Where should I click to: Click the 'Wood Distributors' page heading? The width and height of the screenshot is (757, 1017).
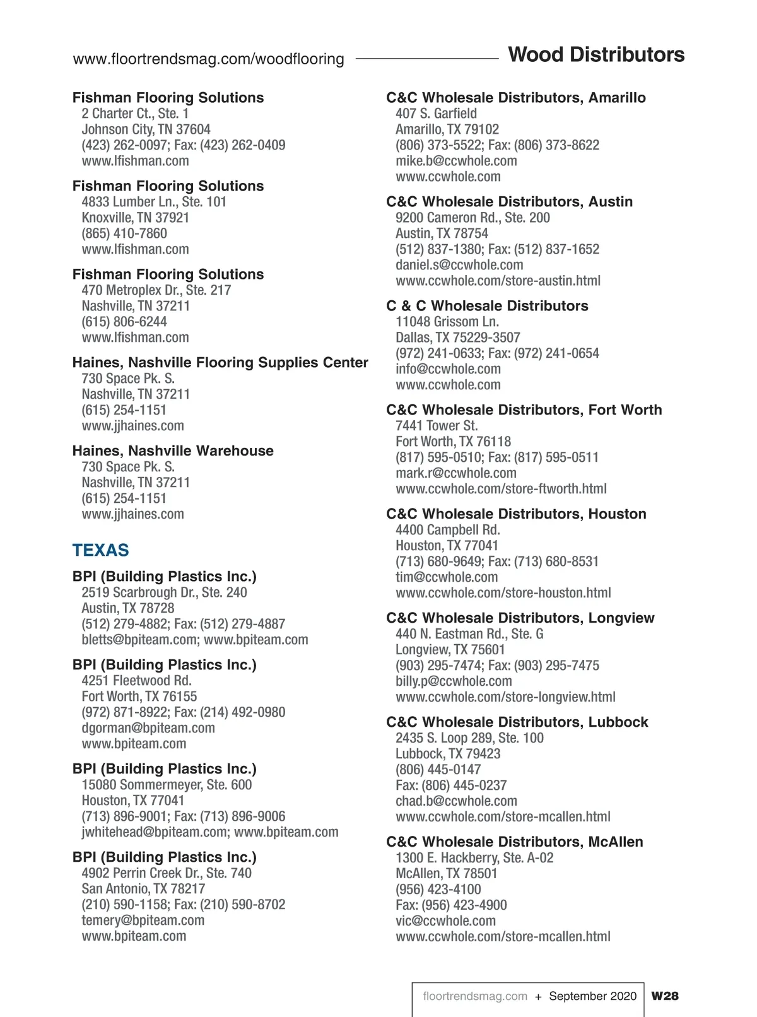tap(596, 55)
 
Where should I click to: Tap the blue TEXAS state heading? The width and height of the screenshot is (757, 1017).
tap(100, 550)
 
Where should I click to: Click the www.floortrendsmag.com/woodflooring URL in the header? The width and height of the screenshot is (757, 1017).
tap(208, 59)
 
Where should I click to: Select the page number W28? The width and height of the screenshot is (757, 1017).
tap(665, 996)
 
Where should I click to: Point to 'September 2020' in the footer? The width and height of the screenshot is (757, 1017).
tap(592, 996)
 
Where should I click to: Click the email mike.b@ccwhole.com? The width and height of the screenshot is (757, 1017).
tap(456, 161)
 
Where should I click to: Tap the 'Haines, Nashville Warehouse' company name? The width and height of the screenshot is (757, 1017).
tap(173, 450)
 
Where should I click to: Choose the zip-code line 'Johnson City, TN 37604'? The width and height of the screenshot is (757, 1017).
tap(146, 129)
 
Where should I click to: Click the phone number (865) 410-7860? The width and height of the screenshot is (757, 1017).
tap(124, 233)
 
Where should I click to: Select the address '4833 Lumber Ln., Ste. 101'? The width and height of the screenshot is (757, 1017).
tap(153, 202)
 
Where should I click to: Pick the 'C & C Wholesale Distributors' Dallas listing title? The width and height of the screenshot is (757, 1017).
tap(487, 306)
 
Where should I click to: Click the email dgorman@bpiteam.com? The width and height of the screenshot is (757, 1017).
tap(148, 728)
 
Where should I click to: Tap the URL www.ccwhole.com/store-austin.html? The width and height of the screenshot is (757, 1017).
tap(498, 281)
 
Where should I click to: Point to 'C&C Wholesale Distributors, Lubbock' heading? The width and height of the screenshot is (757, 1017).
tap(517, 722)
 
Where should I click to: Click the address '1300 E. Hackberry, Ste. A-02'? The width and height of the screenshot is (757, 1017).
tap(474, 858)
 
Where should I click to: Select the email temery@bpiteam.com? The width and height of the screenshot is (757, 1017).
tap(143, 920)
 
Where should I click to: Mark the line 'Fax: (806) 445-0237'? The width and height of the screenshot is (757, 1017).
tap(451, 785)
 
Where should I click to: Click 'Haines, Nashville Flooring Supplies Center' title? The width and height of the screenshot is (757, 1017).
tap(220, 362)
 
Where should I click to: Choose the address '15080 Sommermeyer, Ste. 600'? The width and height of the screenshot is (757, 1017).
tap(167, 785)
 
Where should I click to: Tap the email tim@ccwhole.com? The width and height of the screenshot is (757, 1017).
tap(447, 577)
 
